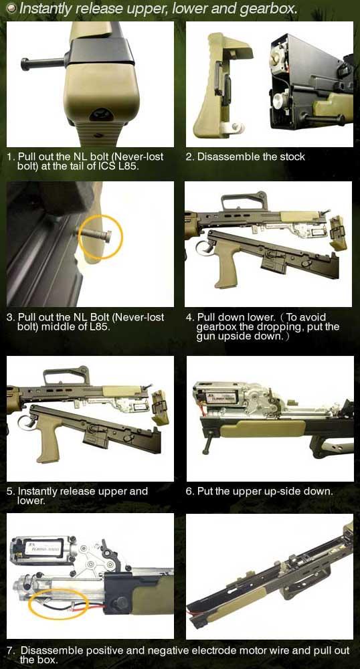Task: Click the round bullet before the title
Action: (x=12, y=7)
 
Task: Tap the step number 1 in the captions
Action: (x=9, y=157)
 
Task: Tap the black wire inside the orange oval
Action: (x=56, y=603)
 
